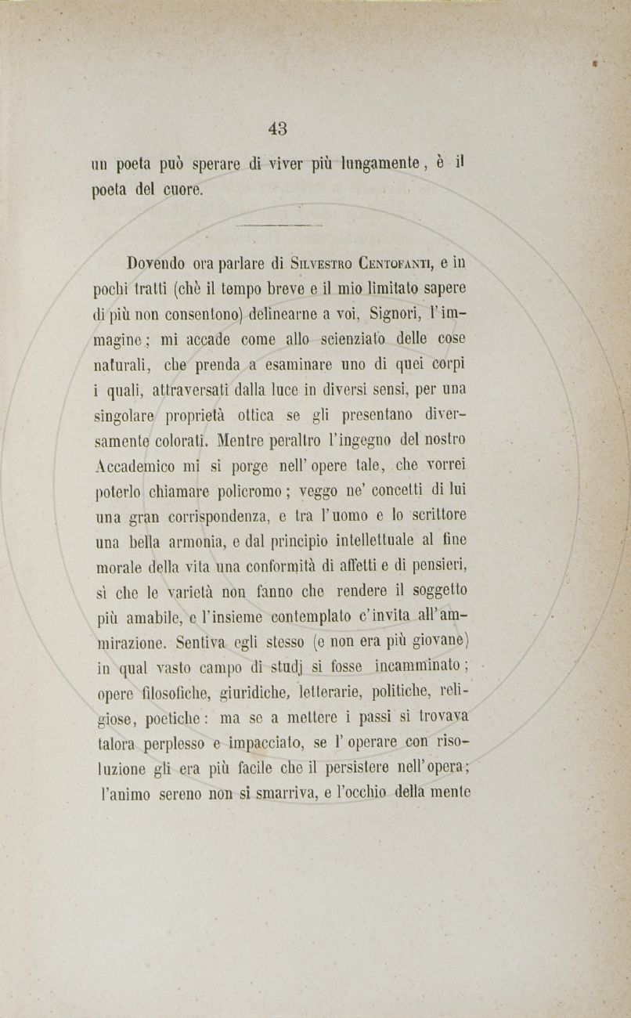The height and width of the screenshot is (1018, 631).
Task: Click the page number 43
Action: coord(278,128)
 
